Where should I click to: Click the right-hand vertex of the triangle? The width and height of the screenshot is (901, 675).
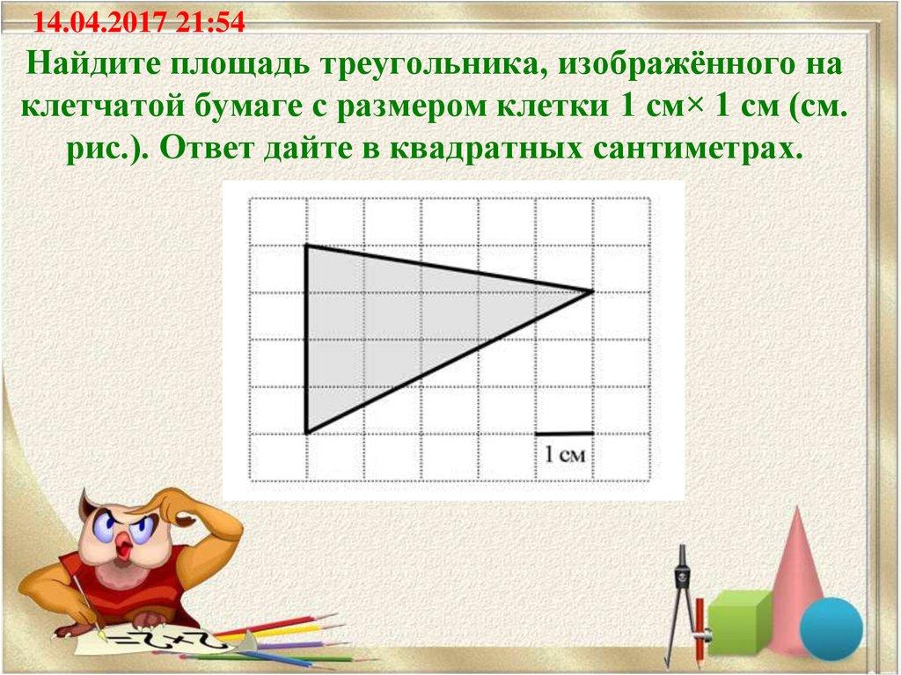[592, 291]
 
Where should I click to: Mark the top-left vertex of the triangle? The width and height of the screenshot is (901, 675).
[306, 246]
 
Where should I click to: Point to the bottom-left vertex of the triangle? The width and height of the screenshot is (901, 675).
[306, 433]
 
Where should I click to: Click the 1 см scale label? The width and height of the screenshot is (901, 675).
[563, 455]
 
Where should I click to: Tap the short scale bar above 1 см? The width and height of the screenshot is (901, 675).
[564, 434]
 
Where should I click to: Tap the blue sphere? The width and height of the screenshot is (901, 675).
[830, 626]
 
